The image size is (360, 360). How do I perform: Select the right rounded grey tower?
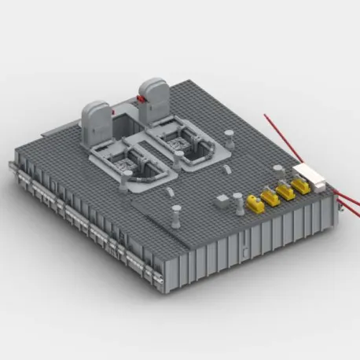(152, 94)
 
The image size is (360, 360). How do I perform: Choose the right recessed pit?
(186, 141)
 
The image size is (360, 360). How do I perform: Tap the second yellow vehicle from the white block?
(285, 192)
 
